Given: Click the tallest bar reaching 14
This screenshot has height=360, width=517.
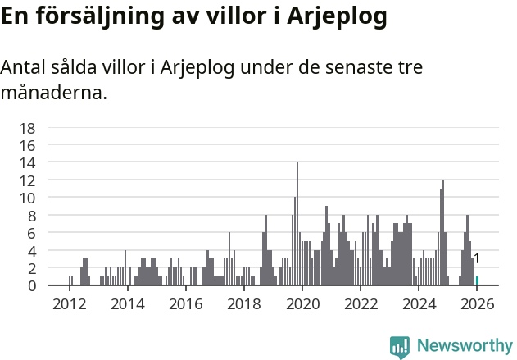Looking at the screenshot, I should click(x=297, y=223).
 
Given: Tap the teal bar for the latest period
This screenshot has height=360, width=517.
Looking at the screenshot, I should click(x=477, y=281).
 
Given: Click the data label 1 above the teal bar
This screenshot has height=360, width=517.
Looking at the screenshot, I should click(x=476, y=259).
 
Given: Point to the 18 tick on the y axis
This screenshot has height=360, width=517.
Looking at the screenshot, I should click(x=28, y=128).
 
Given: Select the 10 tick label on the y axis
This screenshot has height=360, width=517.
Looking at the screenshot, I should click(x=28, y=198).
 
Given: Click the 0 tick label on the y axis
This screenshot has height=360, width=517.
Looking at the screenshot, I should click(x=31, y=285).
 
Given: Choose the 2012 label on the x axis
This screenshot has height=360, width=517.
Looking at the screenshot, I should click(x=69, y=303).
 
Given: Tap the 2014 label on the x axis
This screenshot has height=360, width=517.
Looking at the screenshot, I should click(x=127, y=303).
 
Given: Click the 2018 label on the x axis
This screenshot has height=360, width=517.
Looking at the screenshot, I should click(x=243, y=303).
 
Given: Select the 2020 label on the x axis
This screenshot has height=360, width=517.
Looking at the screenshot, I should click(x=302, y=303).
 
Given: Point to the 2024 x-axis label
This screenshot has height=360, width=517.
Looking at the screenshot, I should click(x=419, y=303).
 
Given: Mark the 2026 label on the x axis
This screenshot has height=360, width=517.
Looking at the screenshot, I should click(x=477, y=303).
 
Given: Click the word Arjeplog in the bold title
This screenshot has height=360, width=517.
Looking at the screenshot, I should click(x=338, y=16).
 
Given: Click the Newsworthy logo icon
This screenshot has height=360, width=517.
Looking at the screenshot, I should click(x=400, y=347).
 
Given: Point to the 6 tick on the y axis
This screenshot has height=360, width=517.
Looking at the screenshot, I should click(x=31, y=233).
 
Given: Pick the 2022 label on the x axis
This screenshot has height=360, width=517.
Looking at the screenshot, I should click(x=361, y=303).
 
